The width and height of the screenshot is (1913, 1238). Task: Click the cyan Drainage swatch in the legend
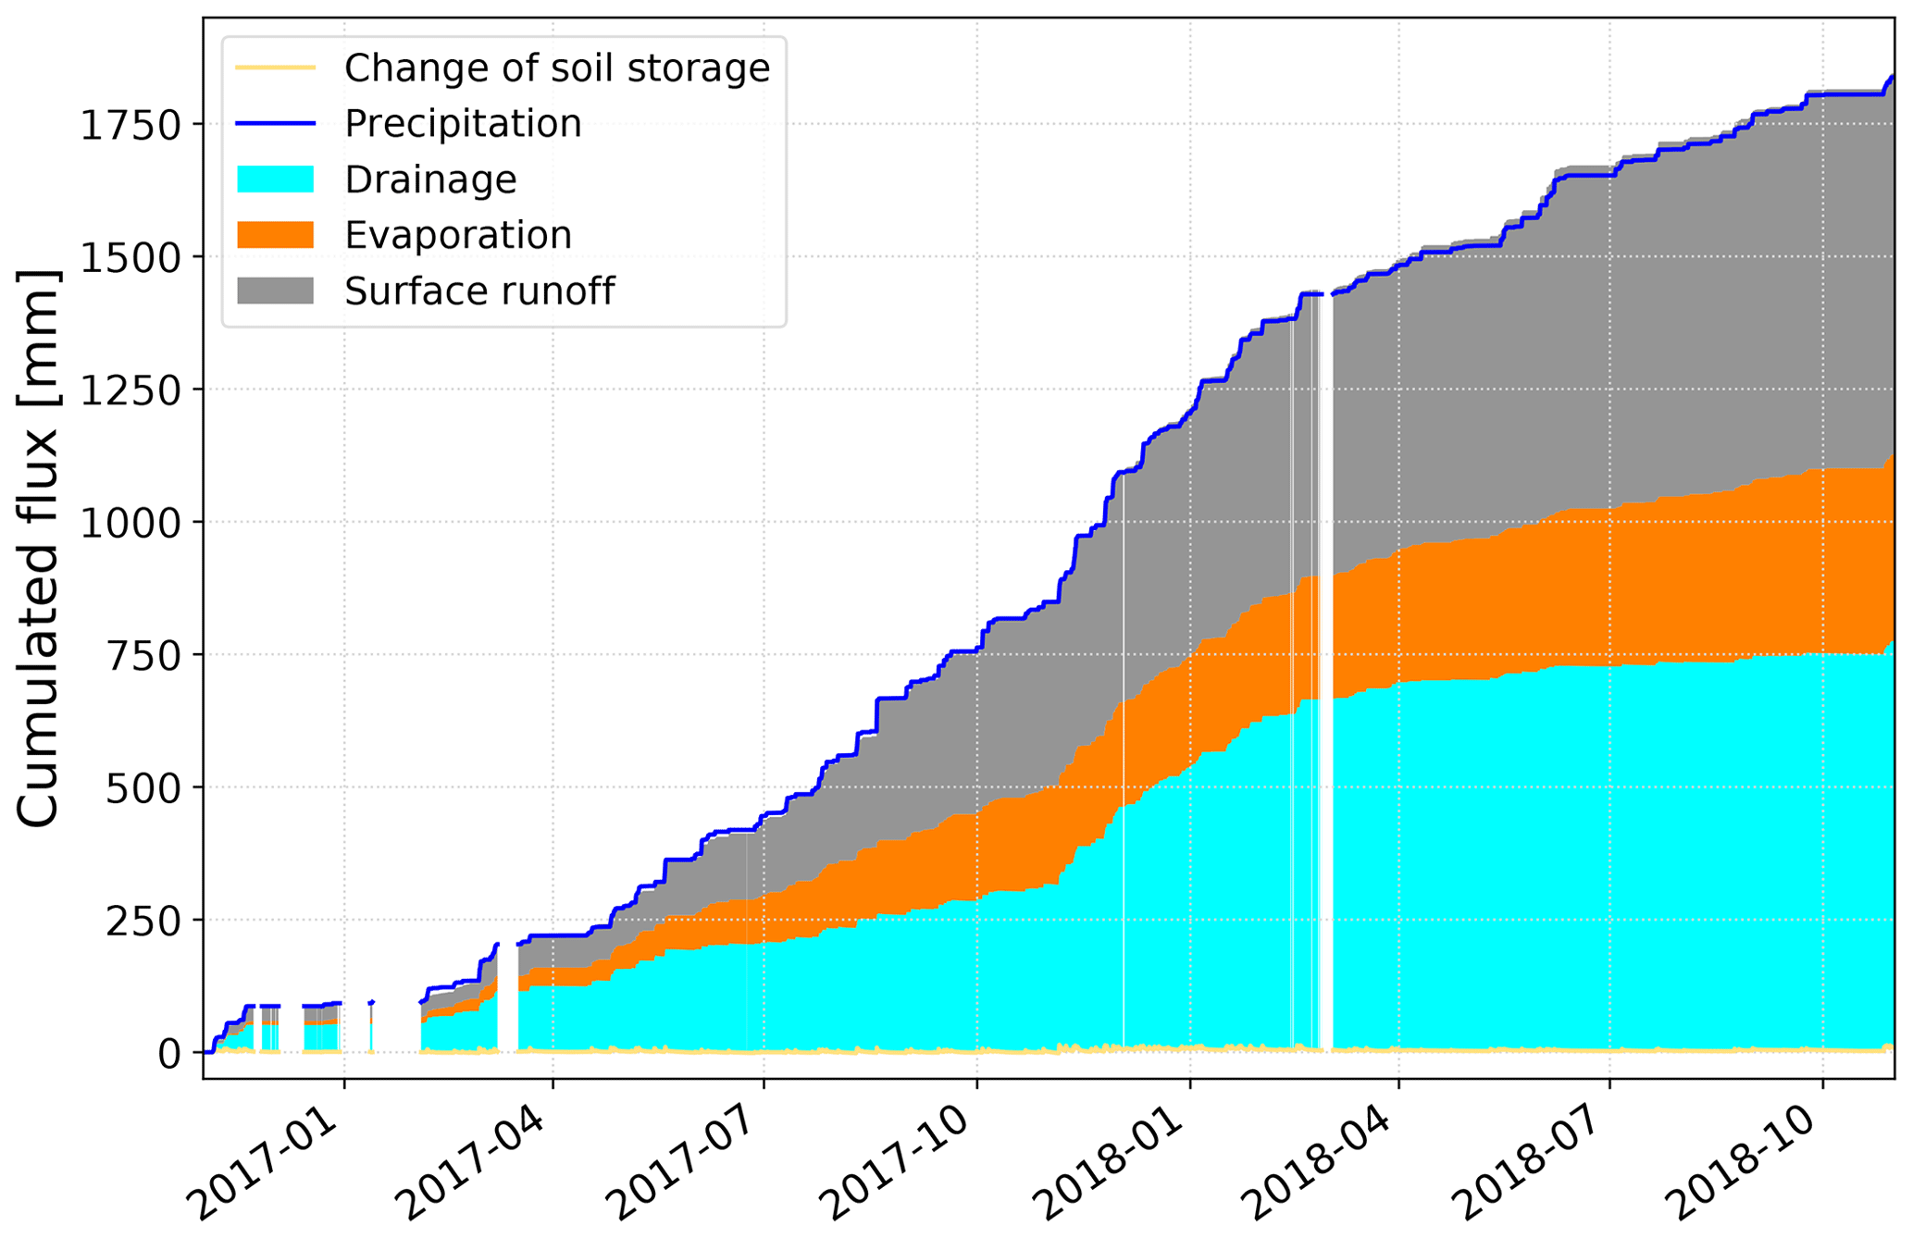point(276,179)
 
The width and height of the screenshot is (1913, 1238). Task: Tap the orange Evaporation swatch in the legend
point(276,235)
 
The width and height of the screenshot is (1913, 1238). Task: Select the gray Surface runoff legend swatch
point(276,291)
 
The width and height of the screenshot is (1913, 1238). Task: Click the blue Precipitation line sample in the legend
point(276,123)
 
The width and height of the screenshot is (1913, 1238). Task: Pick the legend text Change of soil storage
point(557,68)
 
